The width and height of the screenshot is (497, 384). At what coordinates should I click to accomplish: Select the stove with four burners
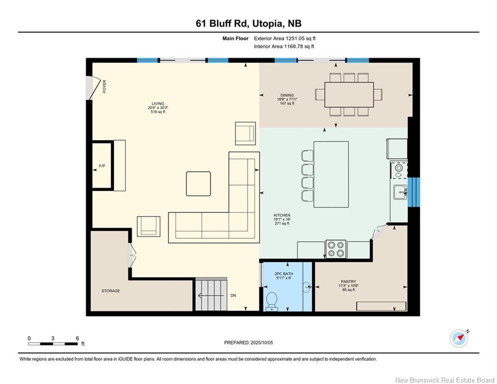click(336, 249)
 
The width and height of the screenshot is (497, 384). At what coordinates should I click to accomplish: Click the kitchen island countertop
click(331, 174)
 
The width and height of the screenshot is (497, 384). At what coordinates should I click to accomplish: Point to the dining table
click(349, 94)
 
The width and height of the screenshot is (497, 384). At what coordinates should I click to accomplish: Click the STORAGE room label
click(110, 290)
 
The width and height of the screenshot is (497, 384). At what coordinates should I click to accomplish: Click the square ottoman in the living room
click(198, 183)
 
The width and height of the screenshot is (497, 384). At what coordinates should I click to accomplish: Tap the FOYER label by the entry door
click(104, 86)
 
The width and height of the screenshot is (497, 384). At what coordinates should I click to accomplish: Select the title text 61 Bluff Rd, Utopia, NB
click(248, 23)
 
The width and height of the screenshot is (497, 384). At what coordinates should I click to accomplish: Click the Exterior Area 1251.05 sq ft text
click(285, 38)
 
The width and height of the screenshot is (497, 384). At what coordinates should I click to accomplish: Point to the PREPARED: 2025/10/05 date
click(248, 342)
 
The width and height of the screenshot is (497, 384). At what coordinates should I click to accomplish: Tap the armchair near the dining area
click(246, 133)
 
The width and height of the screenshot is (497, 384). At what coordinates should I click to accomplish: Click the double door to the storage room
click(132, 254)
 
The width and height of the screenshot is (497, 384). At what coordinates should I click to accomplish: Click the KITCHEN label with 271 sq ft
click(282, 219)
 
